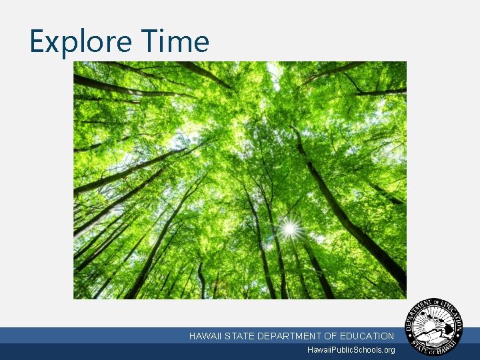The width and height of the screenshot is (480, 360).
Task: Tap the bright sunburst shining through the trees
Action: (289, 229)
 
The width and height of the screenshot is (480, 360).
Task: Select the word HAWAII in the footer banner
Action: (205, 337)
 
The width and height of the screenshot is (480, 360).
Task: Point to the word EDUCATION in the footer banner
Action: (367, 337)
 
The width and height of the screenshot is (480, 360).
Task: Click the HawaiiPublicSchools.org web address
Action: (351, 350)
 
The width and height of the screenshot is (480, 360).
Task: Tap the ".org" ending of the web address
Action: (386, 350)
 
